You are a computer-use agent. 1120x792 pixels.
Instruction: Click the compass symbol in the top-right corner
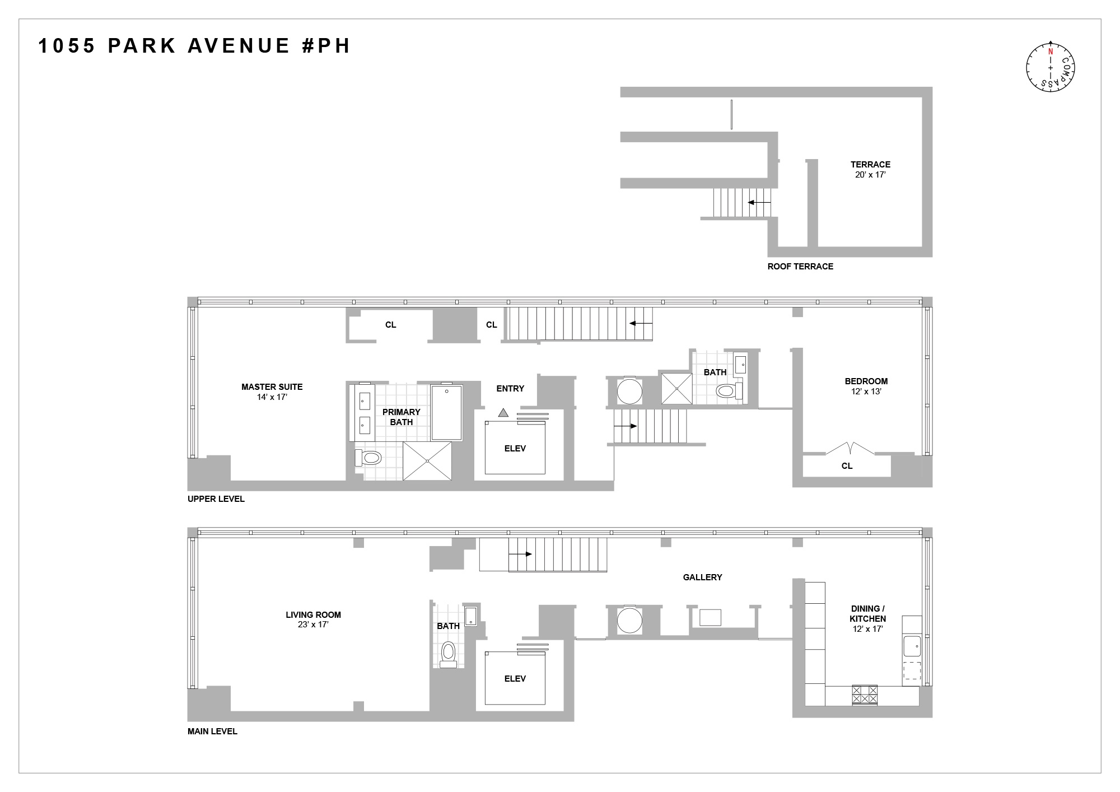(1051, 67)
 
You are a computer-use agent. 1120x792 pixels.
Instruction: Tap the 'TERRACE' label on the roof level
(870, 164)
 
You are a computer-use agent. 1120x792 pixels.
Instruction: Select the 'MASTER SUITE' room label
(272, 386)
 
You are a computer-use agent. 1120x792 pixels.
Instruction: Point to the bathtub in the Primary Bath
(446, 412)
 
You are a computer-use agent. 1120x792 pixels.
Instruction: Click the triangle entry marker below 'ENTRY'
(503, 413)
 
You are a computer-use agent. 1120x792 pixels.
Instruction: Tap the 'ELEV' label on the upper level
(515, 448)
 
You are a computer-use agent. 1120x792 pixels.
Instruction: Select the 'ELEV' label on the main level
(515, 678)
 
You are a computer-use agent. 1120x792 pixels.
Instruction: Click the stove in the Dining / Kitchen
(864, 695)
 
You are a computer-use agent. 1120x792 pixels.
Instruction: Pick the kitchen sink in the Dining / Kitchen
(912, 646)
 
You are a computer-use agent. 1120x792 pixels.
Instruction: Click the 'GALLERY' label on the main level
(702, 577)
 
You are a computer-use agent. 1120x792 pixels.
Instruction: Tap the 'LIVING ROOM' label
(313, 614)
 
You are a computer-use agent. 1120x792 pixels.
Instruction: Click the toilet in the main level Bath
(448, 653)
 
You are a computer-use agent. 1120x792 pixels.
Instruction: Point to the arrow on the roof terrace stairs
(759, 202)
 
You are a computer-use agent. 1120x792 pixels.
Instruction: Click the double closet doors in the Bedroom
(850, 449)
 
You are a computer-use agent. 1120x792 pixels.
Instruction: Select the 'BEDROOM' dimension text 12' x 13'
(866, 392)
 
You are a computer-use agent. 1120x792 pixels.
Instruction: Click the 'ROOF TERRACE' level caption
(800, 267)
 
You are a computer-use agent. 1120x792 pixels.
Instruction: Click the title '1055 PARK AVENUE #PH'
(194, 45)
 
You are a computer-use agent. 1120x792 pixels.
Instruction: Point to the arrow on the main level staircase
(520, 554)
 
